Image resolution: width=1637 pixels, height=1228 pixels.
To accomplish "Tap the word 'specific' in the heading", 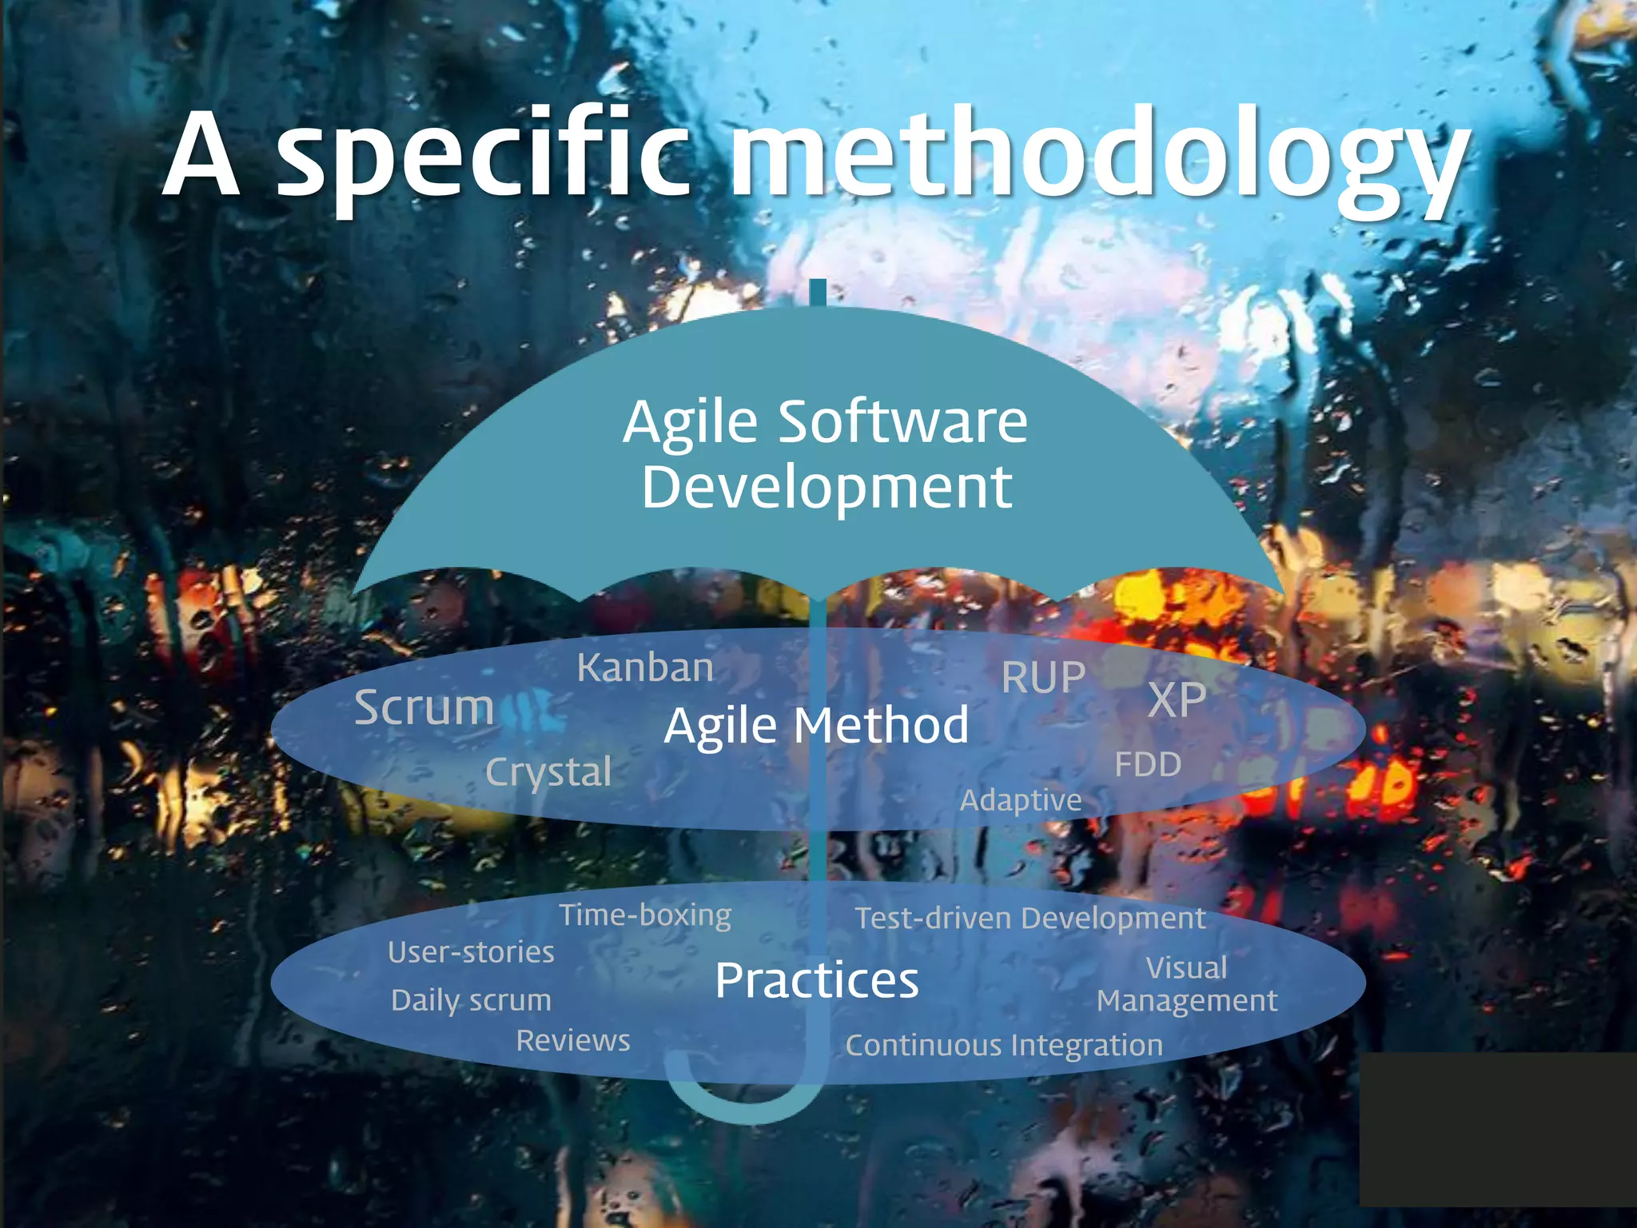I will click(x=483, y=156).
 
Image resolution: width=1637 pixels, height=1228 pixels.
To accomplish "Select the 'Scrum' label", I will click(x=424, y=708).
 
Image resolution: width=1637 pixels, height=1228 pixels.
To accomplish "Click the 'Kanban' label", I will click(x=645, y=668).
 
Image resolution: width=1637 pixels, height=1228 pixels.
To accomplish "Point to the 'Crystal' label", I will click(x=548, y=772).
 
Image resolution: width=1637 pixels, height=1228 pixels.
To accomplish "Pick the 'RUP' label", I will click(x=1043, y=678).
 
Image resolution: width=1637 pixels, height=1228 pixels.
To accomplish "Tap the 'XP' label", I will click(x=1176, y=700).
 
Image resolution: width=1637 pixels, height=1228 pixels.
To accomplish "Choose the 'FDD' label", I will click(x=1148, y=765).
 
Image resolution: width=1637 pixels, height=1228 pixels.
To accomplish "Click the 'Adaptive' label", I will click(x=1021, y=800).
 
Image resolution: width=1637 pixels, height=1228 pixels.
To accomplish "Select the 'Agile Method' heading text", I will click(x=816, y=726).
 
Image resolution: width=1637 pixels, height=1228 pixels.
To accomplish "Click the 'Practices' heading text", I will click(x=816, y=980).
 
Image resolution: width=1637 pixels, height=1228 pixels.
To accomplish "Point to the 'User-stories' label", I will click(x=471, y=952).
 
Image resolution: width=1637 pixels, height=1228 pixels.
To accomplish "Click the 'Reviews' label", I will click(x=573, y=1041).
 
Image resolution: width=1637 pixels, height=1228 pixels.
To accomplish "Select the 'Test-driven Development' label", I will click(x=1030, y=919).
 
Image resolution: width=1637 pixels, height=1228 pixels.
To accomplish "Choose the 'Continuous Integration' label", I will click(x=1004, y=1046).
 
